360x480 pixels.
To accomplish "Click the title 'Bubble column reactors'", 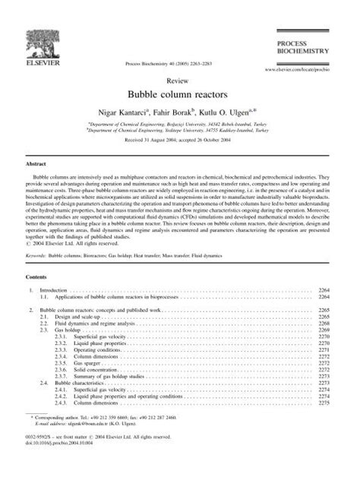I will [x=180, y=94].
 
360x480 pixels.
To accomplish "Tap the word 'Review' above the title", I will [x=180, y=79].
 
